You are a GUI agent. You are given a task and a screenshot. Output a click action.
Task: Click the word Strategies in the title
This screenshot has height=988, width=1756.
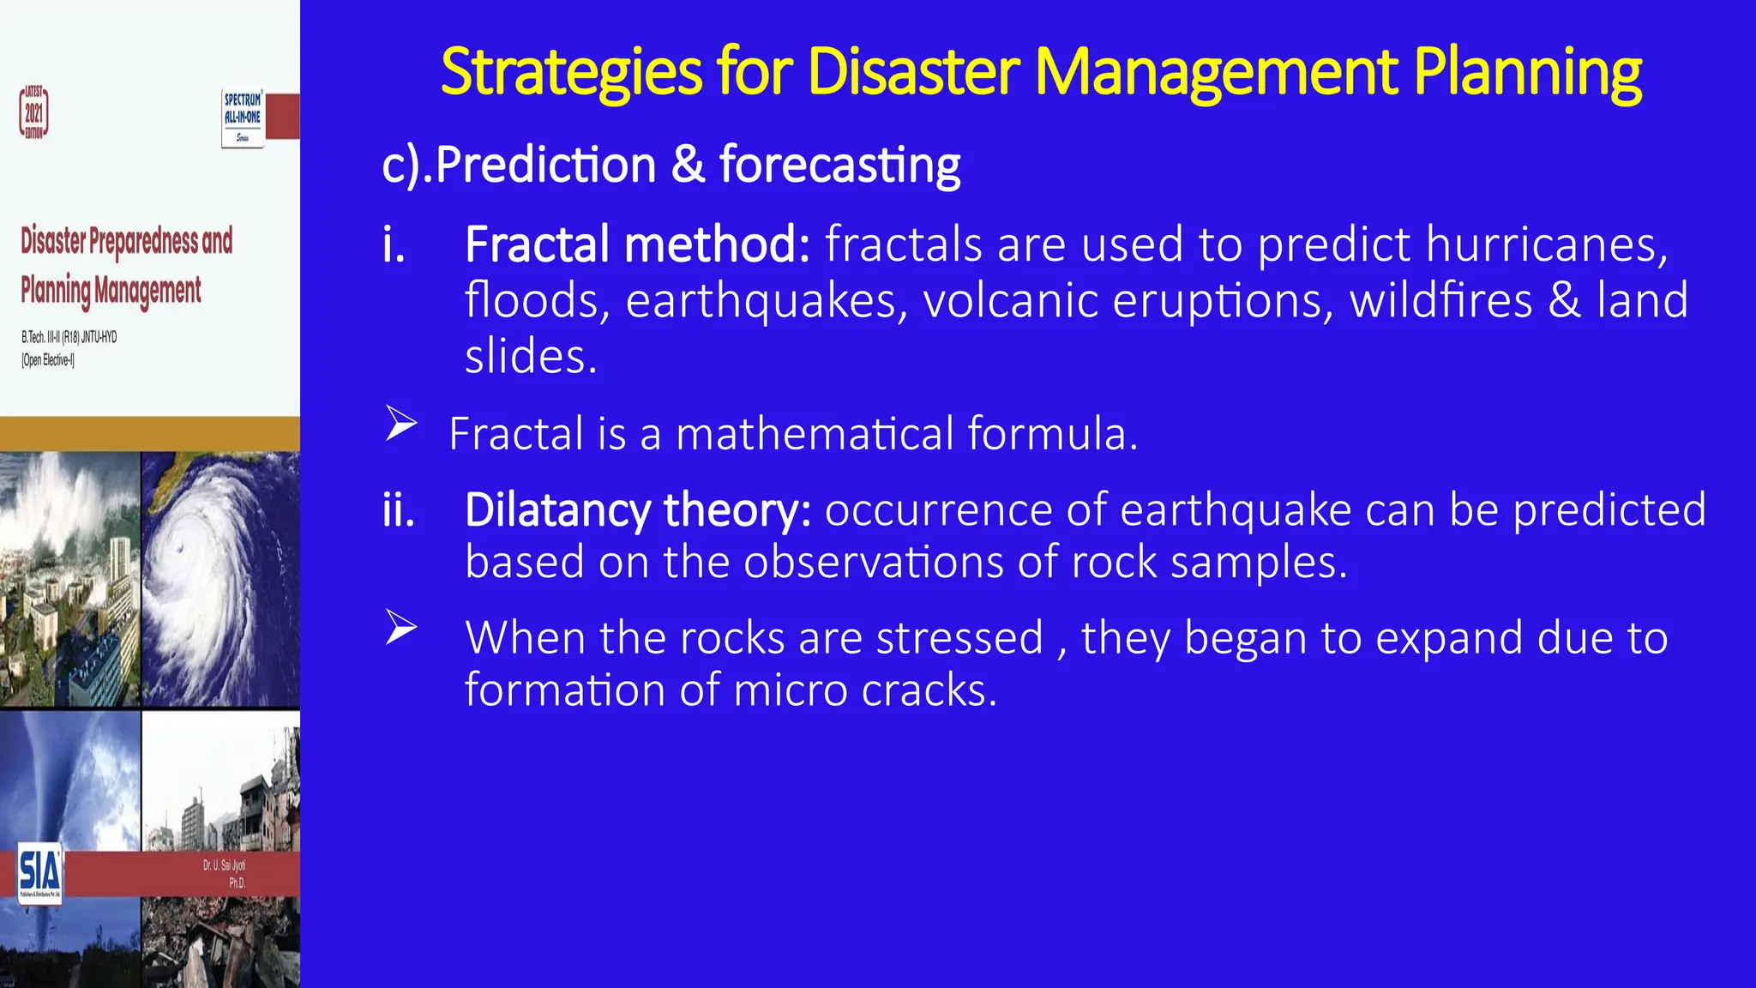click(x=571, y=72)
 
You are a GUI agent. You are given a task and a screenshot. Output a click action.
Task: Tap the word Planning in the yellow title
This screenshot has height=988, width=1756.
click(x=1527, y=72)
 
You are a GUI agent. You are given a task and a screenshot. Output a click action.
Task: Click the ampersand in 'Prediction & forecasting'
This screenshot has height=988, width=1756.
click(x=688, y=164)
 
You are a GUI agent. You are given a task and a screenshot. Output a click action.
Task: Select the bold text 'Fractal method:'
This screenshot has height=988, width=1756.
click(x=637, y=244)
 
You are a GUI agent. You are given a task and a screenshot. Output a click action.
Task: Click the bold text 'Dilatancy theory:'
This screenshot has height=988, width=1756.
click(x=637, y=510)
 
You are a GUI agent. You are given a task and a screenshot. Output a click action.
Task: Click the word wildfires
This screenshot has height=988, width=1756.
click(x=1440, y=301)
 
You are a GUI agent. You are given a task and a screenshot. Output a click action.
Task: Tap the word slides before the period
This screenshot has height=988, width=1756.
click(x=524, y=356)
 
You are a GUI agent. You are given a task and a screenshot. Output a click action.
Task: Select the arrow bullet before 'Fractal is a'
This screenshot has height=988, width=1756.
click(x=400, y=424)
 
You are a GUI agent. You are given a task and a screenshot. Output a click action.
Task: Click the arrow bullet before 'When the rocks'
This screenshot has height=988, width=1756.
click(x=400, y=628)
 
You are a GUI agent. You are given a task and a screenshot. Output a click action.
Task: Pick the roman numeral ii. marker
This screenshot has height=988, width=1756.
click(x=399, y=510)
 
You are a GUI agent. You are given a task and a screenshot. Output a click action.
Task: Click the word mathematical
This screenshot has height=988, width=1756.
click(x=815, y=433)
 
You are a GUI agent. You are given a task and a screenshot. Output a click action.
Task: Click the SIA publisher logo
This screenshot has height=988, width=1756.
click(x=39, y=871)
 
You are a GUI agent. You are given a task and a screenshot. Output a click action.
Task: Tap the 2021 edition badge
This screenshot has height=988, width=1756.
click(x=33, y=112)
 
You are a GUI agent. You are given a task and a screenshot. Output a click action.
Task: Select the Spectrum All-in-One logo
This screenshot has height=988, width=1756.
click(x=243, y=117)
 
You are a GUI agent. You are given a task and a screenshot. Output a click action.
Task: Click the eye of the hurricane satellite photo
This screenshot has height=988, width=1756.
click(x=179, y=549)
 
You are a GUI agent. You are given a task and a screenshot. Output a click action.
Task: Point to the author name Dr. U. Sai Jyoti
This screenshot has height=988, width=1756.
click(x=224, y=865)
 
